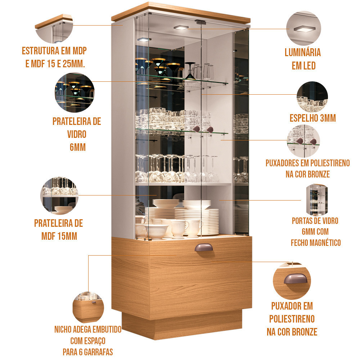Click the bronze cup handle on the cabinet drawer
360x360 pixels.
(x=204, y=248)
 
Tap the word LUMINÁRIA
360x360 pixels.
(x=303, y=53)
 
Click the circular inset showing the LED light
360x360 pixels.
(x=303, y=28)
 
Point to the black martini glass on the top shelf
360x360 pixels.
(x=190, y=71)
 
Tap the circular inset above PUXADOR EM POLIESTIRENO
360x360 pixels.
(x=292, y=280)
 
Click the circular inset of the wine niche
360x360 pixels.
(x=88, y=307)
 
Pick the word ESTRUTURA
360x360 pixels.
(x=41, y=51)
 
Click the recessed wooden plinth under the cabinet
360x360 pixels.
(x=181, y=324)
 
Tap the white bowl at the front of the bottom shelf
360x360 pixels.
(x=156, y=231)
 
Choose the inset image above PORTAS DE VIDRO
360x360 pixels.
(x=316, y=199)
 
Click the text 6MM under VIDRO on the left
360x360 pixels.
(x=78, y=147)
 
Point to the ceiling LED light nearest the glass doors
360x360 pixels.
(x=181, y=28)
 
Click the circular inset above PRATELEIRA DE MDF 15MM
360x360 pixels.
(x=59, y=195)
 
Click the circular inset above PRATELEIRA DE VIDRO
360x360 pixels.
(x=75, y=92)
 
